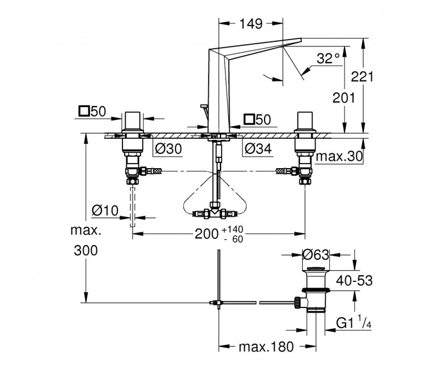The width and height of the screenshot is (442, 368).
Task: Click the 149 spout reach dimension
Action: coord(251,24)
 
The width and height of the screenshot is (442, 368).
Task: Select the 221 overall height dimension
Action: coord(362,76)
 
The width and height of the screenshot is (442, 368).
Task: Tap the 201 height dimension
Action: coord(343,98)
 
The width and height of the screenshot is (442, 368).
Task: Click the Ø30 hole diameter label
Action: coord(168,149)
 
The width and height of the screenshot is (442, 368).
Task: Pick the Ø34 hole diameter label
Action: coord(258,149)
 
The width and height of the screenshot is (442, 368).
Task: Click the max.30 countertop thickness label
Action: coord(339,156)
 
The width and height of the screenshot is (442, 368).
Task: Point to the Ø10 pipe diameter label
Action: coord(105,210)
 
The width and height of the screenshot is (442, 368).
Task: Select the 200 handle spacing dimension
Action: coord(207,234)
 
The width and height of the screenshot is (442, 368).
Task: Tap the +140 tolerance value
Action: coord(232,229)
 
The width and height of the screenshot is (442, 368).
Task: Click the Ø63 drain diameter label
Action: coord(316,255)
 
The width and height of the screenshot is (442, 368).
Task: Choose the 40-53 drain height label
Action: coord(354,280)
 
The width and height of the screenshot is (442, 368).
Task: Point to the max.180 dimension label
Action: coord(266,347)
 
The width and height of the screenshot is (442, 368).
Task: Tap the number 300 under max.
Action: coord(86,250)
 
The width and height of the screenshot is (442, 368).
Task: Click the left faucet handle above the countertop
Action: coord(132,123)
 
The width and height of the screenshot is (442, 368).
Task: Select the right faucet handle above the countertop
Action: coord(305,123)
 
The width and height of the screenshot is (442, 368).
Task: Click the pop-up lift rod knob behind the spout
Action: coord(203,106)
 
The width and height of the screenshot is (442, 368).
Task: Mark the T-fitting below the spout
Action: coord(215,212)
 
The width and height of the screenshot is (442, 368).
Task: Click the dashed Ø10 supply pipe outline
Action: coord(133,207)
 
